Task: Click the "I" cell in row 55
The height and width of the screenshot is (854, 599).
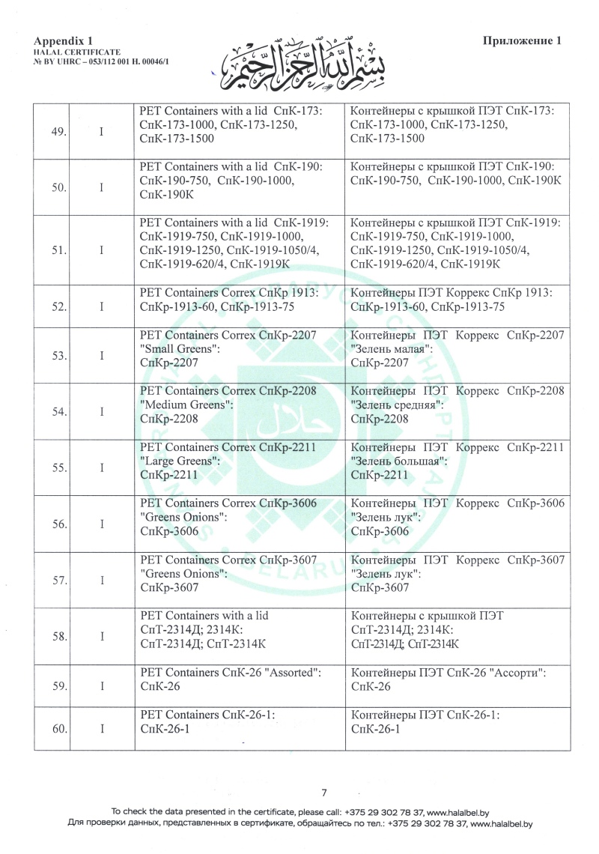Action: [101, 468]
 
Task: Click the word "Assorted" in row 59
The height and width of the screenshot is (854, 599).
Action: [294, 673]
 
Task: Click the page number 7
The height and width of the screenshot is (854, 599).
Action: [324, 793]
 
